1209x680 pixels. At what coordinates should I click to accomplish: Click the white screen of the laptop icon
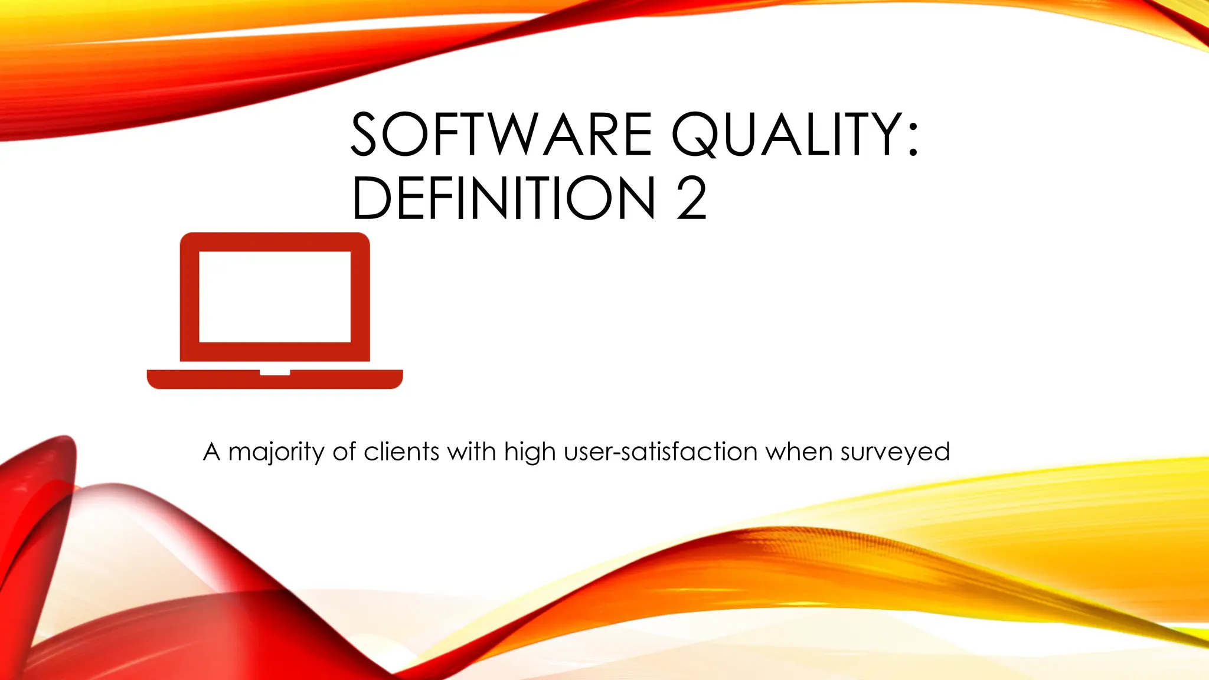pyautogui.click(x=275, y=296)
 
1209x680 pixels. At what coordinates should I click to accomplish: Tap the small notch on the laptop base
pyautogui.click(x=275, y=372)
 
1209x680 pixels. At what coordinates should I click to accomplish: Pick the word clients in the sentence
pyautogui.click(x=401, y=452)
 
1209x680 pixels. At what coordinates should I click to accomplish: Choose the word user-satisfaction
pyautogui.click(x=661, y=452)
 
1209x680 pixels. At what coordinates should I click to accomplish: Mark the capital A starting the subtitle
pyautogui.click(x=212, y=452)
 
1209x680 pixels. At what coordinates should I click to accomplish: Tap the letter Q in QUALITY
pyautogui.click(x=693, y=136)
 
